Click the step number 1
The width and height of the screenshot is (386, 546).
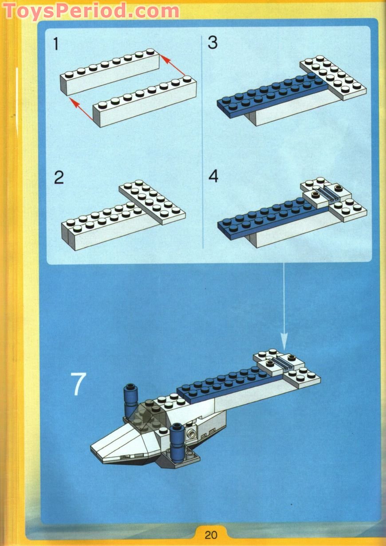click(56, 44)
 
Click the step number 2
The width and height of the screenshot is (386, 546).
click(59, 178)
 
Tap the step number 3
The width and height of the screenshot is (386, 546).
click(213, 43)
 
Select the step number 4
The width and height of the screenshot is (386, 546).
click(213, 176)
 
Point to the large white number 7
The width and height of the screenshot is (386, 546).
click(78, 384)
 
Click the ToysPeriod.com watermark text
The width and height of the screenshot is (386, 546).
click(91, 11)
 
